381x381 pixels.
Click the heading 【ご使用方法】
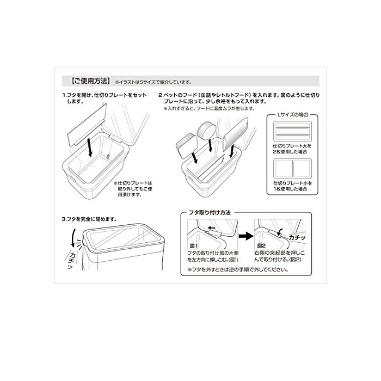click(90, 81)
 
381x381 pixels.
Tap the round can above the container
click(206, 130)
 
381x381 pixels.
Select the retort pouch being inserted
click(235, 133)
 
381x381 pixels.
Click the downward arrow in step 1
click(90, 147)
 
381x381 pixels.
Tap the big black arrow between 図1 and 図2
click(246, 236)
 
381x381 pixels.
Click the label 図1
click(194, 245)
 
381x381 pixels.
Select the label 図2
click(261, 245)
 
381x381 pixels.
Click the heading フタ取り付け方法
click(210, 213)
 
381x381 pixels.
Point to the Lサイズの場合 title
click(293, 114)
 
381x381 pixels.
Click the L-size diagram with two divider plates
click(292, 131)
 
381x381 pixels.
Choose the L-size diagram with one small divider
click(292, 168)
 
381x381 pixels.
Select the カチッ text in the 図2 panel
click(297, 238)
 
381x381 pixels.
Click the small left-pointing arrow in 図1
click(211, 228)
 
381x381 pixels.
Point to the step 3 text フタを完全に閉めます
click(89, 219)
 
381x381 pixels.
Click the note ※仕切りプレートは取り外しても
click(133, 189)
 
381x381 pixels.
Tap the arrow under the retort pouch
click(232, 151)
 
